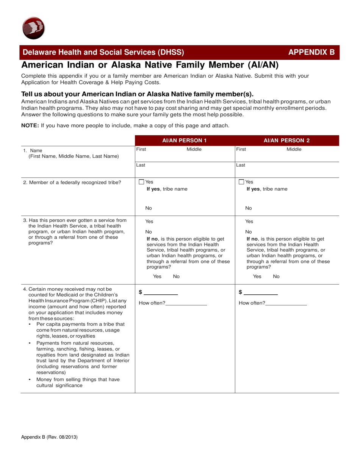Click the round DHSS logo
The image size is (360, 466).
tap(34, 28)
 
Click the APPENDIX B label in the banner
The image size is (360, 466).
tap(311, 53)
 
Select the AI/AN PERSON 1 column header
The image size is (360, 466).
tap(184, 140)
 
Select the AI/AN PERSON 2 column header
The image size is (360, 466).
tap(286, 140)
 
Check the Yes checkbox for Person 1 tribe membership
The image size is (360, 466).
tap(141, 182)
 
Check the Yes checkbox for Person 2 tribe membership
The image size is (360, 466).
tap(241, 182)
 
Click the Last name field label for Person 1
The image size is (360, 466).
tap(141, 165)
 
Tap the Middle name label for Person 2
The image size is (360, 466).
tap(294, 150)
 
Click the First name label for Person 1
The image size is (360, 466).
tap(141, 150)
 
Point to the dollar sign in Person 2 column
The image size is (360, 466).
tap(240, 292)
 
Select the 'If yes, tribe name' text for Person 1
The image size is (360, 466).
tap(167, 189)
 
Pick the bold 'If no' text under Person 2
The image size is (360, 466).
tap(253, 239)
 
